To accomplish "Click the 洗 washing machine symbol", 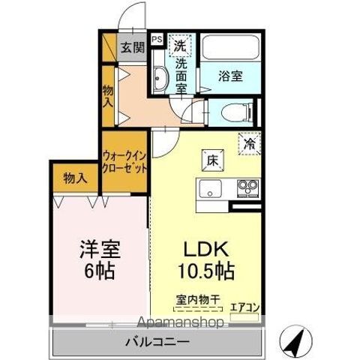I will (x=180, y=45).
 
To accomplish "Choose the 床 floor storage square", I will (x=211, y=160).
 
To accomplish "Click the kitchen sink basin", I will (x=208, y=187).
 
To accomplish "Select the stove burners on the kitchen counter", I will (x=247, y=186).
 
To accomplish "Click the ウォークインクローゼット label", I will (x=124, y=161).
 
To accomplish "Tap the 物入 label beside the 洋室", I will (x=74, y=178).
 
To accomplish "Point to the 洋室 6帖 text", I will (x=99, y=258).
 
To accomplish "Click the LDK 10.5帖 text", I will (x=205, y=259).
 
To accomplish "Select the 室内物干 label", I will (x=198, y=299).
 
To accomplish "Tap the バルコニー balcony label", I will (x=157, y=342).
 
